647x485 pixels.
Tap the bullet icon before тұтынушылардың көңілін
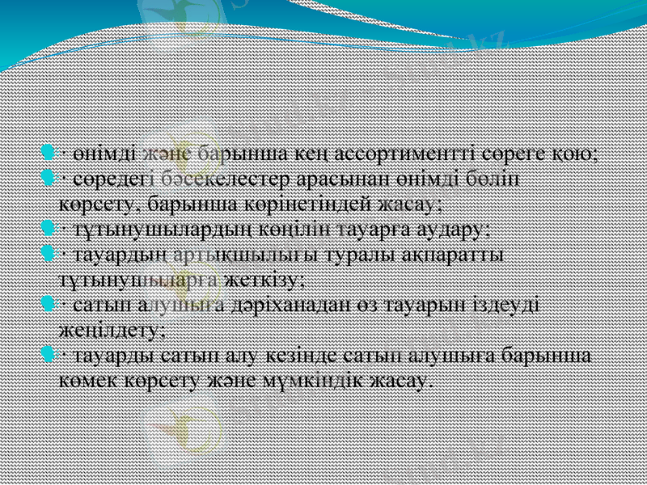point(49,228)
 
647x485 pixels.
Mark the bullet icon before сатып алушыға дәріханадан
point(49,305)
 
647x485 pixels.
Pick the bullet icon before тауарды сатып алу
point(49,356)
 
